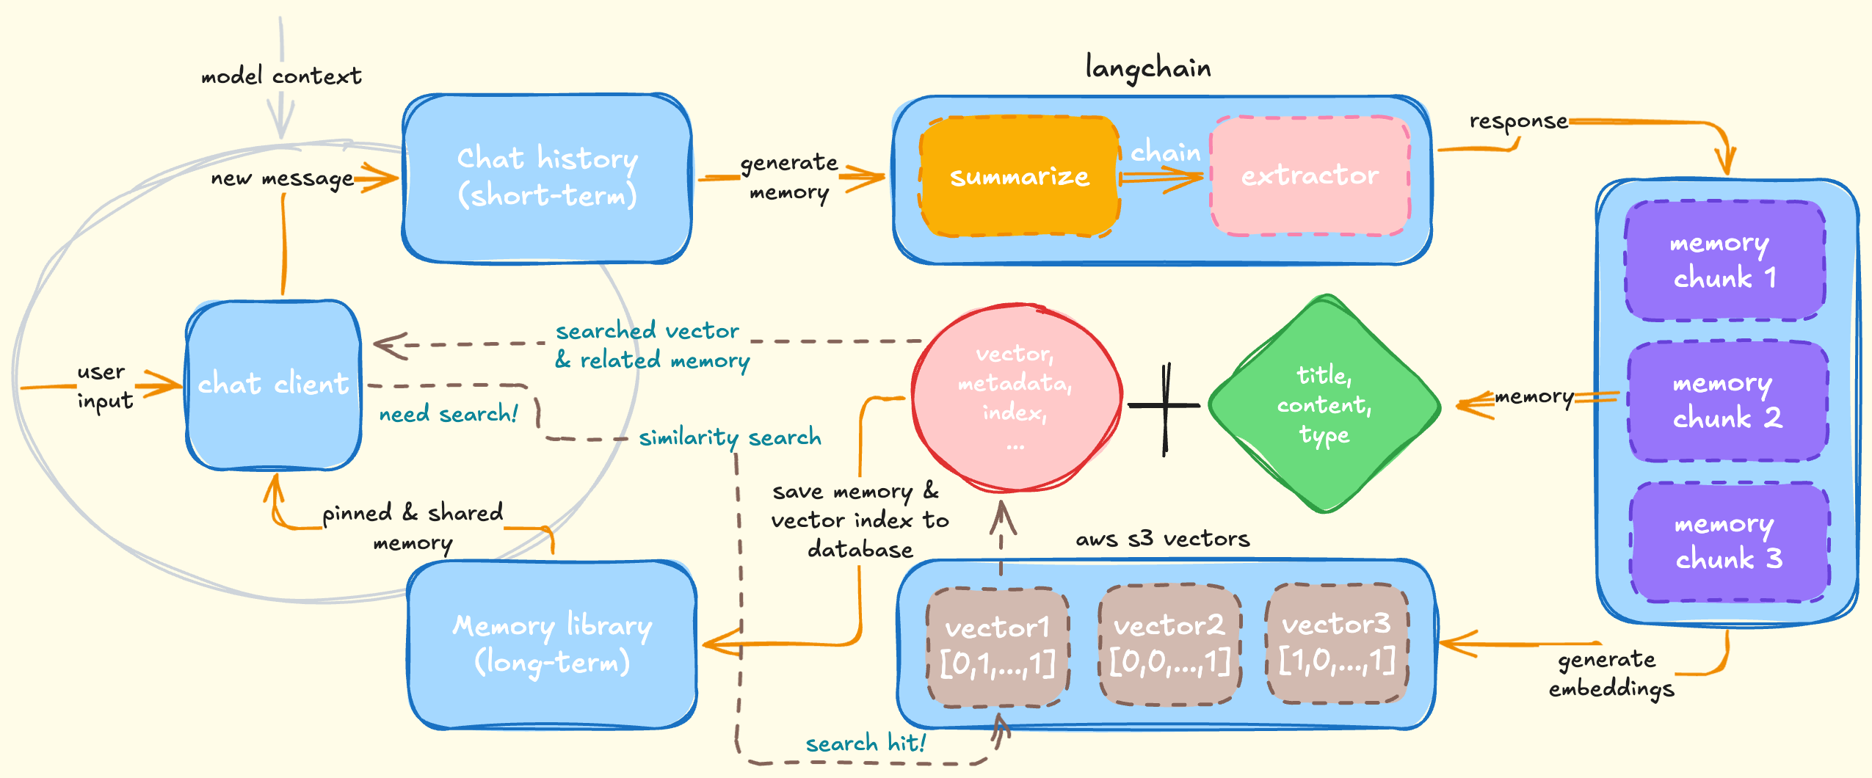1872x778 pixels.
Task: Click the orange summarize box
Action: [x=1019, y=176]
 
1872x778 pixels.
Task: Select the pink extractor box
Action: [x=1310, y=176]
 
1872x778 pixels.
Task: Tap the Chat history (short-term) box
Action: [x=547, y=178]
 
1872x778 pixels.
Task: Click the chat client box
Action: [x=273, y=384]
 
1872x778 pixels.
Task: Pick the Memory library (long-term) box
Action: [x=552, y=644]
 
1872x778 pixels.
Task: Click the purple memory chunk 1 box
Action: [x=1724, y=261]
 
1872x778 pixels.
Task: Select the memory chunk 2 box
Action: [x=1727, y=401]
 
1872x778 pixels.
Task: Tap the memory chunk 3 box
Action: [x=1728, y=542]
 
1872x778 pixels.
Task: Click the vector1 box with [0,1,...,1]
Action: [x=997, y=646]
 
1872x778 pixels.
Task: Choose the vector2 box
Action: [x=1169, y=644]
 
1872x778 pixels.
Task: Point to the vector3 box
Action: [x=1336, y=643]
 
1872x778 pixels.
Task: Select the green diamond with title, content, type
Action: [x=1324, y=404]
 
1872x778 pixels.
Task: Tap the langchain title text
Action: [x=1148, y=68]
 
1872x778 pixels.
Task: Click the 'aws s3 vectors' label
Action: [x=1162, y=539]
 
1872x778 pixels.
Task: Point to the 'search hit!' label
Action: [x=866, y=744]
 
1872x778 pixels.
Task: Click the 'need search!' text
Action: [x=449, y=414]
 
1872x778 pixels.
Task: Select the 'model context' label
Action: [x=281, y=76]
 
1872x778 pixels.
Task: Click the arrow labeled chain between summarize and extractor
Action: [x=1162, y=177]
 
